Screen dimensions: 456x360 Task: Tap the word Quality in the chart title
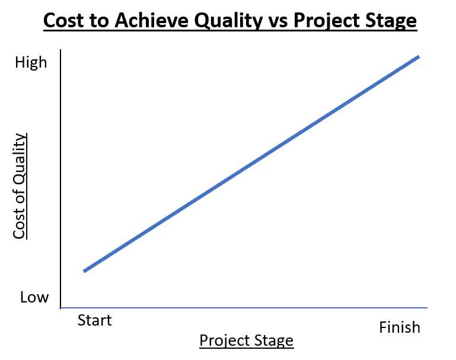(x=228, y=21)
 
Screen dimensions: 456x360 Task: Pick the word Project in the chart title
(x=326, y=21)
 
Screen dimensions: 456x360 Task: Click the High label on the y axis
(x=31, y=63)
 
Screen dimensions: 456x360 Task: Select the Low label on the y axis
(x=34, y=297)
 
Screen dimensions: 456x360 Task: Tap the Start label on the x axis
(x=94, y=320)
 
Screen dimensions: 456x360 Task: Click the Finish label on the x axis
(x=400, y=327)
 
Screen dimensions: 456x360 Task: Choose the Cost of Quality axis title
(x=20, y=186)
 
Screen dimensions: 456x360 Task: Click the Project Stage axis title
(x=247, y=341)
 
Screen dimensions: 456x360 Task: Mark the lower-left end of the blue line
(x=84, y=271)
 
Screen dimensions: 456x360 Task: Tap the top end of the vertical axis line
(x=60, y=50)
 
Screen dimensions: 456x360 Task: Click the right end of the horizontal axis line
(x=427, y=307)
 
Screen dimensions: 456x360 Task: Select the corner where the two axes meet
(x=60, y=307)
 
